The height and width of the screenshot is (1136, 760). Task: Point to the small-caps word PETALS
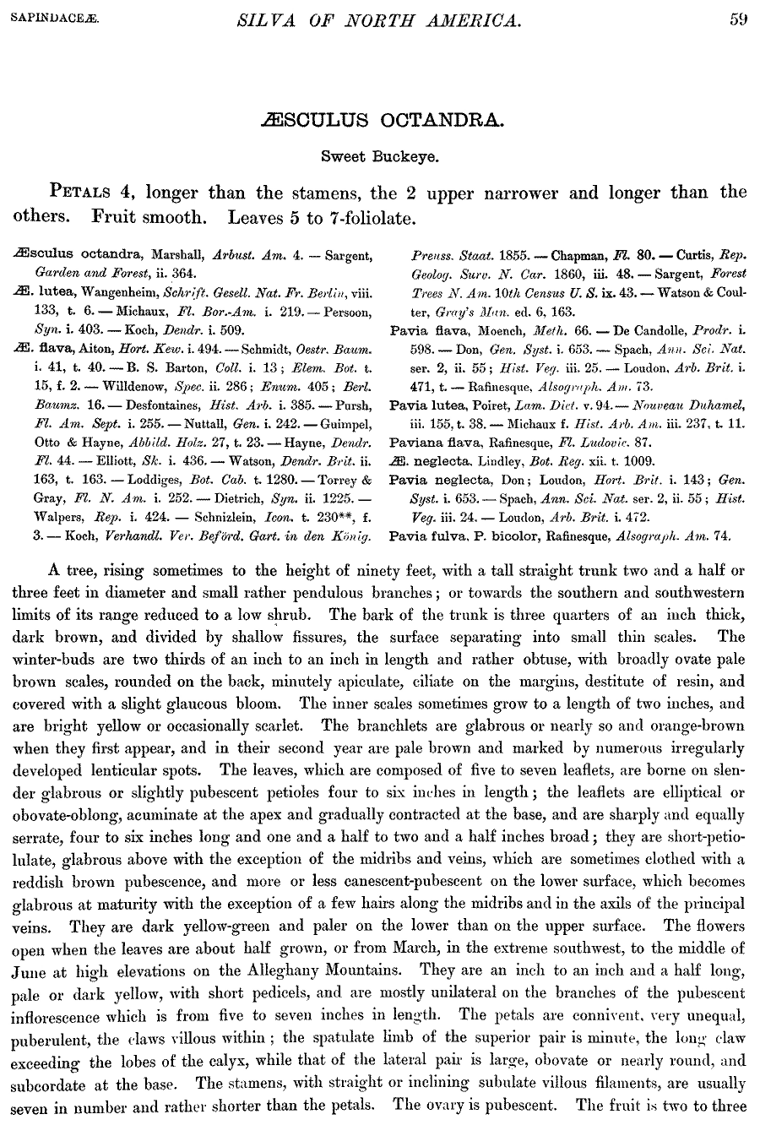87,192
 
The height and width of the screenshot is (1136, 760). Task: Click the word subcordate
50,1084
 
